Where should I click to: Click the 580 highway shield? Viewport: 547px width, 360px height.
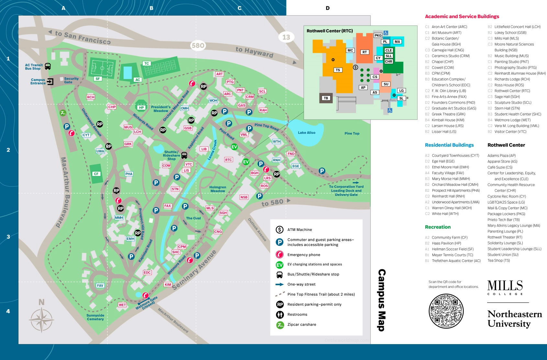(x=198, y=46)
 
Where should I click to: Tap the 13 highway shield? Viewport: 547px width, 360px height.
(x=286, y=37)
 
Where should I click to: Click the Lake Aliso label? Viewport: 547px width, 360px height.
(x=306, y=133)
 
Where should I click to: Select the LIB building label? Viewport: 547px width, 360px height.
(x=204, y=149)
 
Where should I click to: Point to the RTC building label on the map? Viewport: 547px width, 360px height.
(x=229, y=160)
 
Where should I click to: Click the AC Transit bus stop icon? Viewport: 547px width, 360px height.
(x=48, y=66)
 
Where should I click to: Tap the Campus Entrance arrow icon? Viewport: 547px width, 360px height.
(x=50, y=82)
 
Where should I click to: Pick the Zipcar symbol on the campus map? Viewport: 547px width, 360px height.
(x=63, y=113)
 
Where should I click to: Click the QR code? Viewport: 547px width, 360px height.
(x=446, y=311)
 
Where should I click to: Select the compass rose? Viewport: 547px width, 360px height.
(x=41, y=319)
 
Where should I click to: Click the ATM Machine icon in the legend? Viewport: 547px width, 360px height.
(x=280, y=230)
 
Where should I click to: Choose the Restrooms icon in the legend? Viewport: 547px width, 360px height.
(x=280, y=314)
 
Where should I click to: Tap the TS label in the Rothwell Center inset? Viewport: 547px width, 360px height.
(x=338, y=70)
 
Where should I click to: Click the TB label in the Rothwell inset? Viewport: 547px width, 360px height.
(x=326, y=98)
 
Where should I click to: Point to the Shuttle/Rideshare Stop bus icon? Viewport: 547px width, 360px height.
(x=184, y=155)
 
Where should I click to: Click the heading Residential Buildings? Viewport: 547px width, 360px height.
(x=449, y=145)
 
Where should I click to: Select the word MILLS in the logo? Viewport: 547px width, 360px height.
(x=505, y=286)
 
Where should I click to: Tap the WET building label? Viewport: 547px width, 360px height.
(x=122, y=305)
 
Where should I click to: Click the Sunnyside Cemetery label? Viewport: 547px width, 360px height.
(x=95, y=317)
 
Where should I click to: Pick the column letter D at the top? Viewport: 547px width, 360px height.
(x=328, y=8)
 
